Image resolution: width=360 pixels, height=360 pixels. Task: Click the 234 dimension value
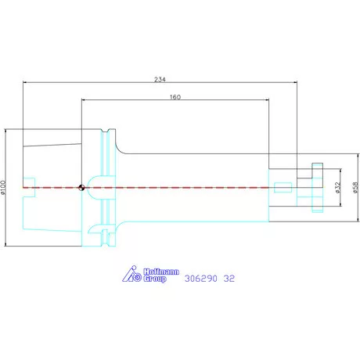point(160,79)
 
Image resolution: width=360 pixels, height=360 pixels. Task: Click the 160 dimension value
point(175,97)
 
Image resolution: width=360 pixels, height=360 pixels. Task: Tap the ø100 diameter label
point(3,188)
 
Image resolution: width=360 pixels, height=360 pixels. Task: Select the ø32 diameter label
point(338,188)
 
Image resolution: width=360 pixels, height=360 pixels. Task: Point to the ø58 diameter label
point(355,188)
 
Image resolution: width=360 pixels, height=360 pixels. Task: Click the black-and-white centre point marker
point(81,187)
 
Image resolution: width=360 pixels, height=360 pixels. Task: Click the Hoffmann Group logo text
point(161,275)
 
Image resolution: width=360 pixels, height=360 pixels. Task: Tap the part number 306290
point(200,279)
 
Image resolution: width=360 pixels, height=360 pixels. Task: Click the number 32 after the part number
point(229,279)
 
